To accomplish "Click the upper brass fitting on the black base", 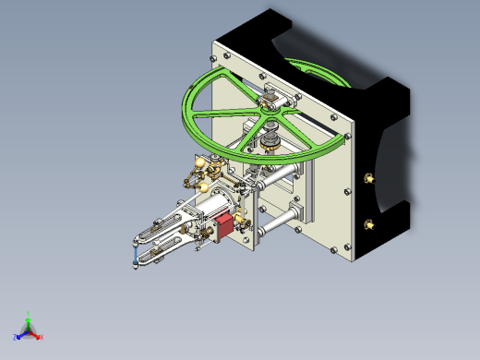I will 370,177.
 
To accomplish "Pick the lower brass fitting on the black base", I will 370,223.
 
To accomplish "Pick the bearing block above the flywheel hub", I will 273,95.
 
